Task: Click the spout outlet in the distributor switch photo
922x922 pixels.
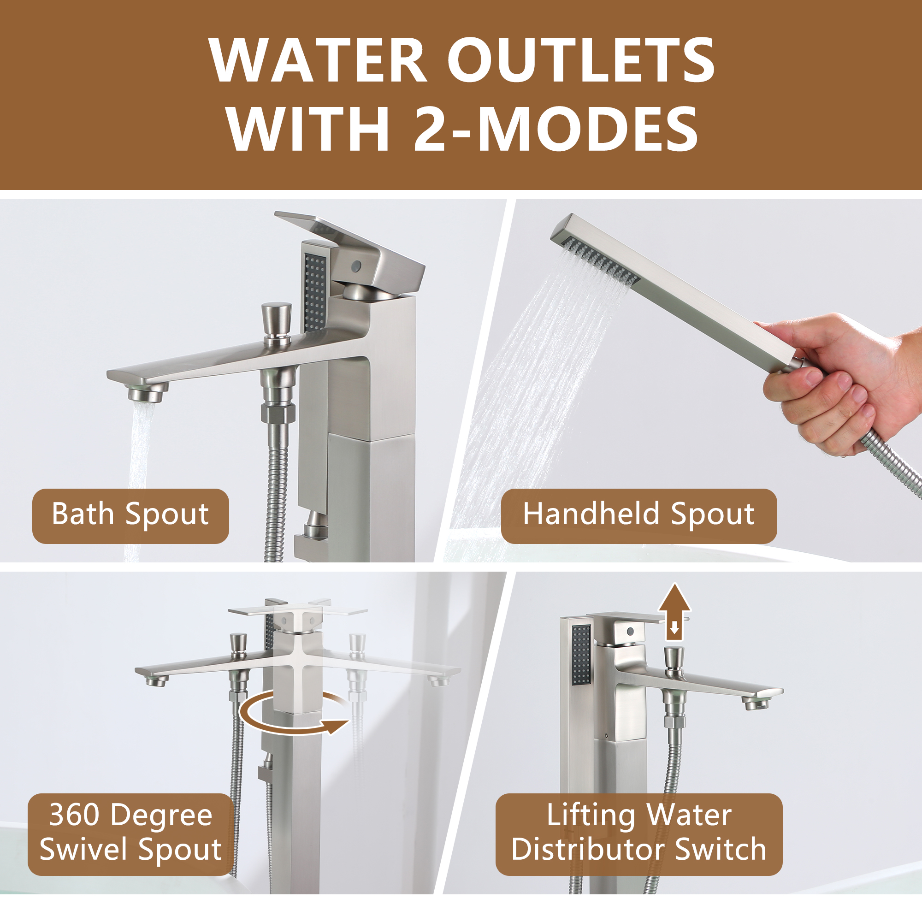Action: [x=754, y=703]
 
